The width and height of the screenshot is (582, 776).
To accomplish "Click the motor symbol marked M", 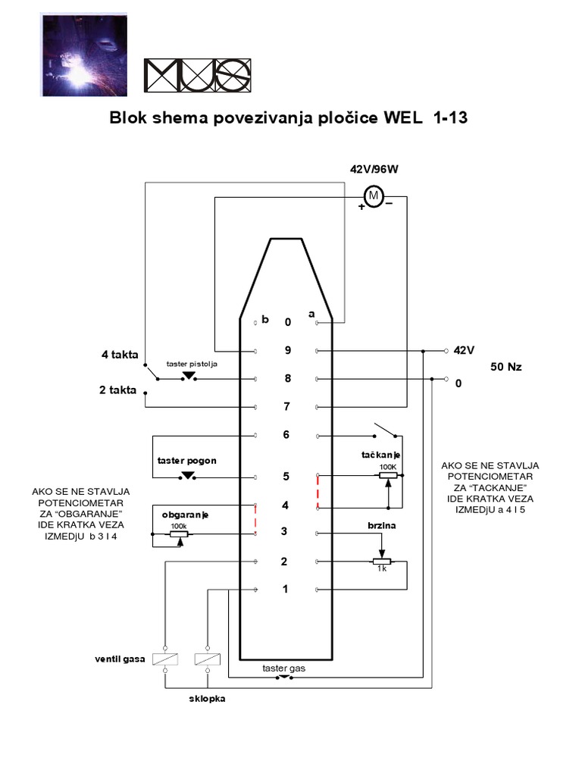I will [373, 196].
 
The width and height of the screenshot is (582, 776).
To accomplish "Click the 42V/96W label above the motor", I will [374, 170].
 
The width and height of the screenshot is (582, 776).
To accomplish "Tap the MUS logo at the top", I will [197, 75].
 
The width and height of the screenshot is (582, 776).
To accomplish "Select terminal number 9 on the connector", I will [287, 351].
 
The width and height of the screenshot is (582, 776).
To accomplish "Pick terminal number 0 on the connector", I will [287, 322].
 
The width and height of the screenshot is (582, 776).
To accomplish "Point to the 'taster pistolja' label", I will [192, 365].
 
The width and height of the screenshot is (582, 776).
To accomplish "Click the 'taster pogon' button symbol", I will [188, 477].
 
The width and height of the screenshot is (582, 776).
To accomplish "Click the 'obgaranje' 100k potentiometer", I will [179, 534].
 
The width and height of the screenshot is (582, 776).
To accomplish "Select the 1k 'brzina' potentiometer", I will [382, 562].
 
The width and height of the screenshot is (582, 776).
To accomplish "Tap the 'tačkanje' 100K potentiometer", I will [387, 476].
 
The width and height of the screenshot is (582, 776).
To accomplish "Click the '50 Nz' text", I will [506, 367].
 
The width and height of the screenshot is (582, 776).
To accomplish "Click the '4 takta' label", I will [120, 354].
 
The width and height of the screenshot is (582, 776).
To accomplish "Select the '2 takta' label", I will [120, 391].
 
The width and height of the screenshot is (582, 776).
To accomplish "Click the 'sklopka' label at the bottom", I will [207, 699].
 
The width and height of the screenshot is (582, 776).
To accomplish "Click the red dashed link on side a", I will [318, 492].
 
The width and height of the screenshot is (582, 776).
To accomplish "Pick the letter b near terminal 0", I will [265, 319].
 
